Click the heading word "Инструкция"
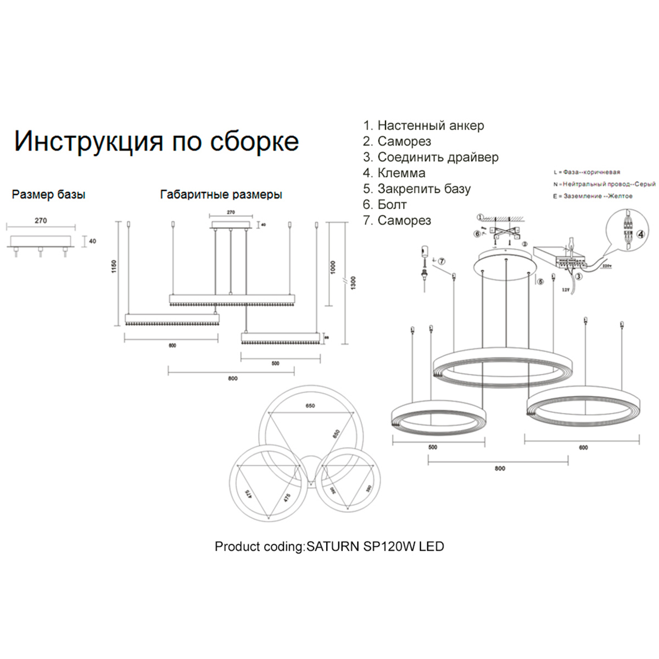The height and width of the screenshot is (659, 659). click(88, 141)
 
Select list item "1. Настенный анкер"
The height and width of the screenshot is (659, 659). click(423, 126)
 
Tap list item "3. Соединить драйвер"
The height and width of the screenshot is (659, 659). click(431, 157)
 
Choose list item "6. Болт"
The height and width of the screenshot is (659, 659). click(384, 205)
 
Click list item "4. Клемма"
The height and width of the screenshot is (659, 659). click(394, 173)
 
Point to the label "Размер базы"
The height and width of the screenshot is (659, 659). click(48, 194)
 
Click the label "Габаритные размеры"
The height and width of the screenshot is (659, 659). click(221, 194)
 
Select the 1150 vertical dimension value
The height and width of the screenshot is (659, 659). click(114, 267)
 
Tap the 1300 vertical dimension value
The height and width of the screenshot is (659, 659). click(353, 283)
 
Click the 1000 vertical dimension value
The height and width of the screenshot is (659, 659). click(333, 268)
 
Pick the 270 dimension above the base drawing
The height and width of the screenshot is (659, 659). click(41, 221)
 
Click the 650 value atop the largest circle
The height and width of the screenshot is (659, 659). click(310, 406)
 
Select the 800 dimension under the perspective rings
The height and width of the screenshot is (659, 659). click(499, 468)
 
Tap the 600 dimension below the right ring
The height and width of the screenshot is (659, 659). click(583, 448)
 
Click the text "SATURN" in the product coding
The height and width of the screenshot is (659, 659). click(333, 546)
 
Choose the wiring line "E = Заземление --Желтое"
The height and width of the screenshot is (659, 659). click(593, 196)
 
